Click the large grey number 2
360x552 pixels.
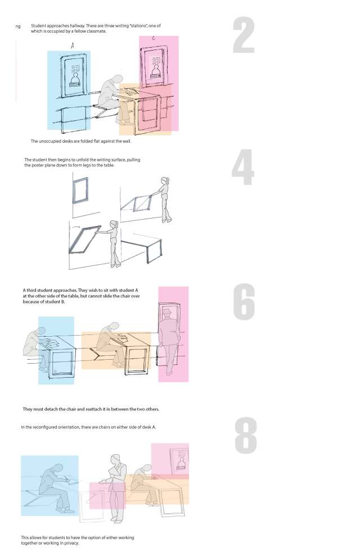244,35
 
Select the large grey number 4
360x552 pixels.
243,168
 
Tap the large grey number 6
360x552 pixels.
244,302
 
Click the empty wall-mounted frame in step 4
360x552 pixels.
81,189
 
